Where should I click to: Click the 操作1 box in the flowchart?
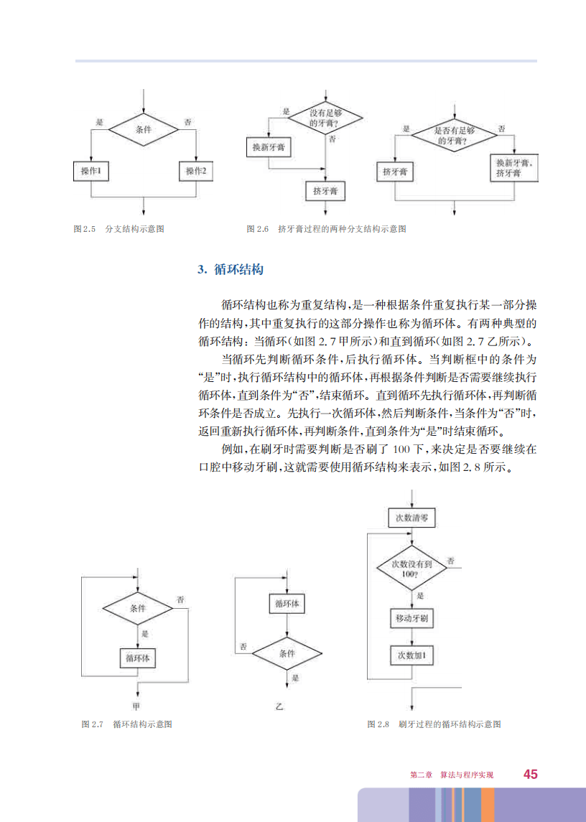[91, 172]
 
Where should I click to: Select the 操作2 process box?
[196, 172]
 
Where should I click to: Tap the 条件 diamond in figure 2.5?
[144, 130]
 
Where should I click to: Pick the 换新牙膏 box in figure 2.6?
[267, 146]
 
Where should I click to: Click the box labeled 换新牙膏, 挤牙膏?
[513, 169]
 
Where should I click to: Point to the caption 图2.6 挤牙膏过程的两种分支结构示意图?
[327, 229]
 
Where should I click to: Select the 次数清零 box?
[411, 518]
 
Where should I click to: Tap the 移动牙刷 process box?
[411, 618]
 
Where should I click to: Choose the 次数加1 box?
[411, 655]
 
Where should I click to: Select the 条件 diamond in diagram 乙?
[287, 654]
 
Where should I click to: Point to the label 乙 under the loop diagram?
[280, 708]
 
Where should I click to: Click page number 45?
[531, 774]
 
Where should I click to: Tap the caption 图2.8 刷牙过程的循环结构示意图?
[434, 724]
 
